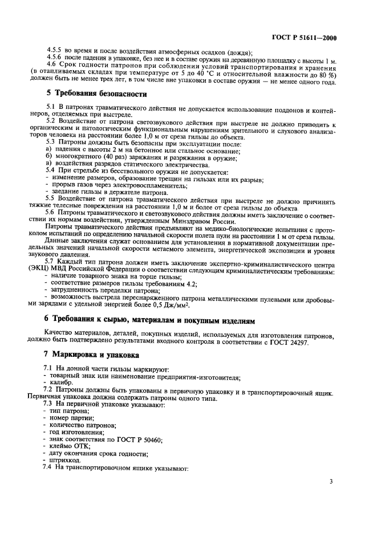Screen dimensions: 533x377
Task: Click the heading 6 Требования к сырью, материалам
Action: pos(143,318)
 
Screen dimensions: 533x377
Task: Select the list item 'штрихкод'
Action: pos(64,459)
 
